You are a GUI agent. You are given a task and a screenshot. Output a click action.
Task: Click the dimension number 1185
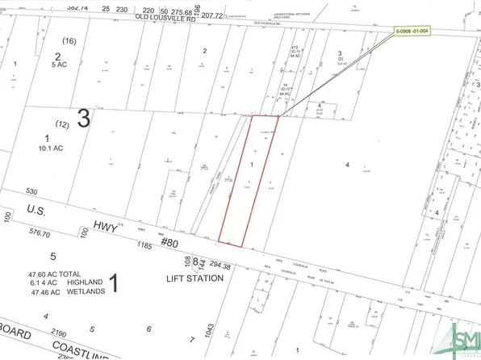tap(145, 244)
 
